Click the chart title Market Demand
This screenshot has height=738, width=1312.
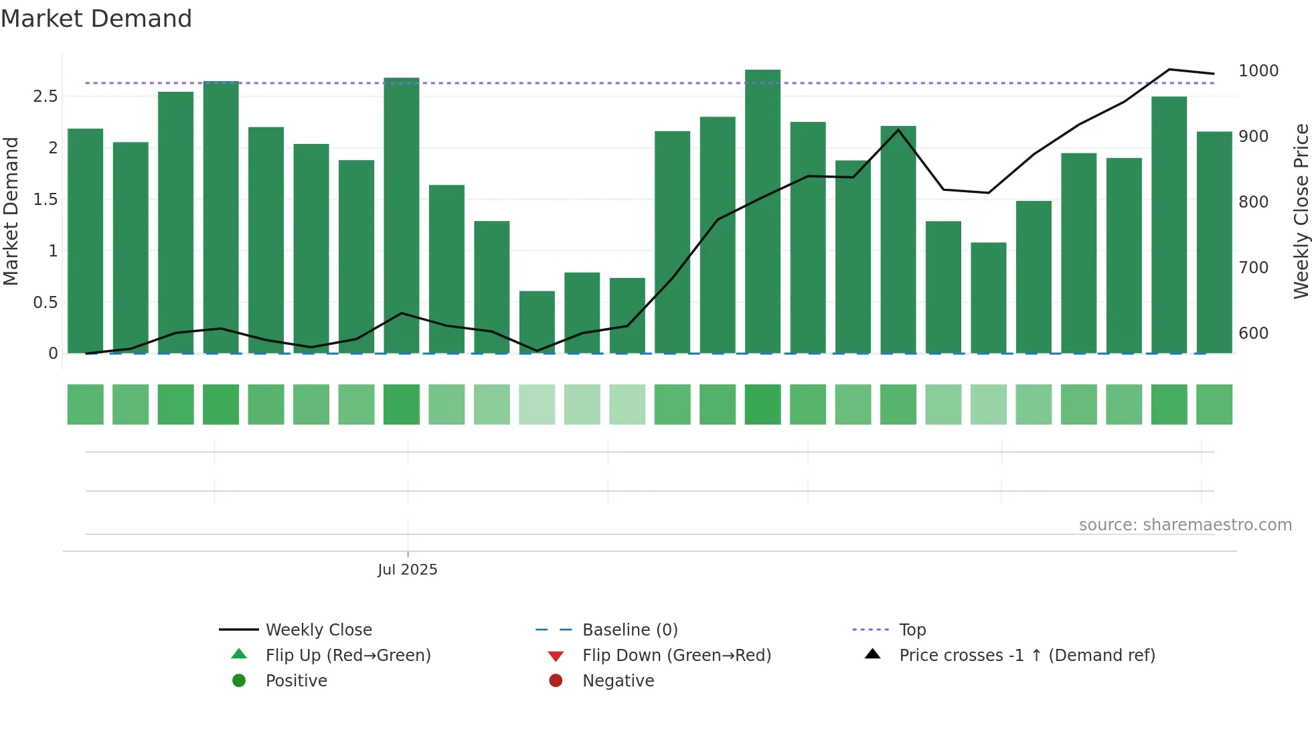coord(96,19)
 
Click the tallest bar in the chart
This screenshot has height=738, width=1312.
coord(762,211)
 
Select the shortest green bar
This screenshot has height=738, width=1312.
coord(537,321)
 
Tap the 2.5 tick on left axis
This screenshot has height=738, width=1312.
coord(46,96)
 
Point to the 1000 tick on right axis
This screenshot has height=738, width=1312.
coord(1258,71)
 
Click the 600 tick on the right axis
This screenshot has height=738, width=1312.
coord(1253,334)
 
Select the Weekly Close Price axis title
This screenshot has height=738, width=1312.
coord(1301,211)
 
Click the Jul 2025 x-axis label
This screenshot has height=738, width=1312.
coord(407,570)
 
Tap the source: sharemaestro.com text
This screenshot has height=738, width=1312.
coord(1185,525)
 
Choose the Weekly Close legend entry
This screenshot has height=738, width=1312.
coord(319,630)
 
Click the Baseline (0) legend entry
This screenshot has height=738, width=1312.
coord(630,630)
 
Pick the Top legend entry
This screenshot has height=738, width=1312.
coord(912,630)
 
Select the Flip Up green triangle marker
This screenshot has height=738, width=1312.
coord(239,654)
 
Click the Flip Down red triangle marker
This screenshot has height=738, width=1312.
coord(556,656)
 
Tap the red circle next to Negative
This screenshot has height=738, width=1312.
coord(556,681)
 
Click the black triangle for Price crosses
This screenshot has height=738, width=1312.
coord(872,654)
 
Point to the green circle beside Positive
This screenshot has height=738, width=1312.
coord(239,681)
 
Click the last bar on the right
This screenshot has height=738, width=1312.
coord(1214,242)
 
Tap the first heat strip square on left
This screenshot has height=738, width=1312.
coord(86,404)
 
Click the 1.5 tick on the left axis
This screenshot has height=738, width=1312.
coord(46,200)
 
